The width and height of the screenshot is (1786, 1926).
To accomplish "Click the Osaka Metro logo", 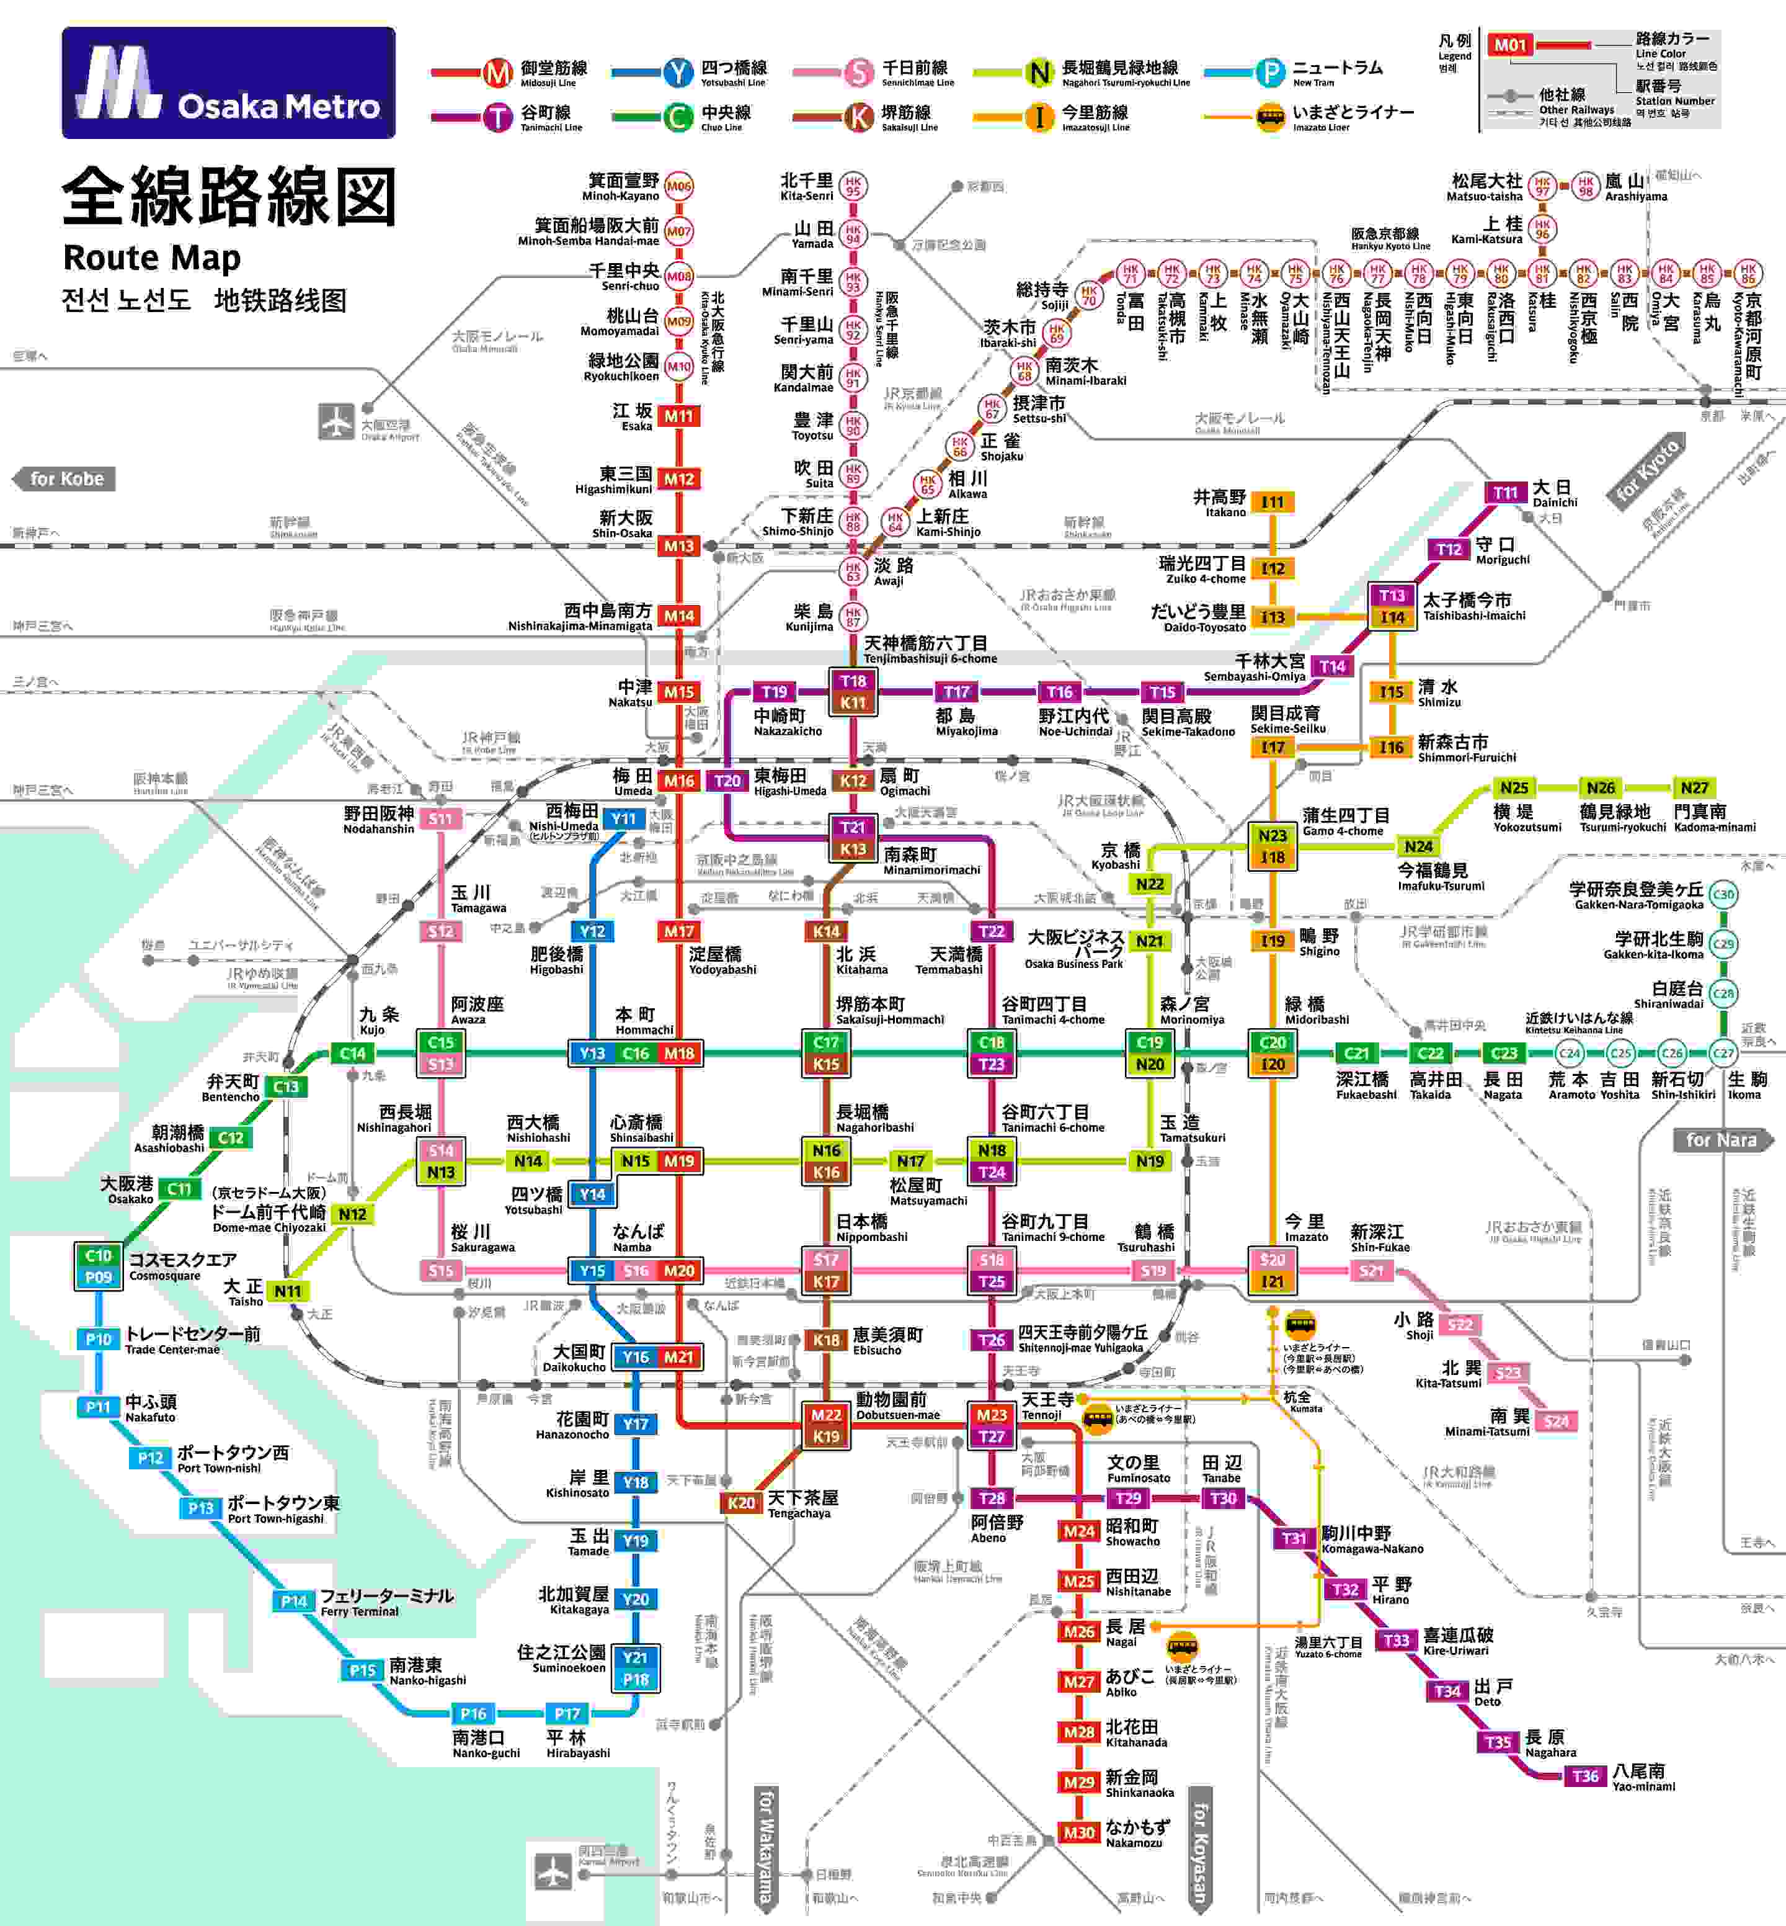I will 228,83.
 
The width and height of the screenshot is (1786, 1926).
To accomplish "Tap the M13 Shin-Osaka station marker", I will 678,546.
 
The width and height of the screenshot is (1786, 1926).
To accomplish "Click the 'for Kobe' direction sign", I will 64,478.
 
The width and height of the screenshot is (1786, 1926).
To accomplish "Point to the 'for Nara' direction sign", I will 1722,1140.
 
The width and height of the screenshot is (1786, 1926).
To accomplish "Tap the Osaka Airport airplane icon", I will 336,421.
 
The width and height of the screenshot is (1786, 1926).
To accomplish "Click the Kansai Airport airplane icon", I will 553,1870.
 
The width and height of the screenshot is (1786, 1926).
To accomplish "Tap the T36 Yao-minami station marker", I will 1585,1776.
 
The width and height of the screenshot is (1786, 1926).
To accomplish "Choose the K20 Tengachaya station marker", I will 741,1502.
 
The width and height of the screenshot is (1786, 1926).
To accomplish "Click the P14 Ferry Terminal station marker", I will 294,1601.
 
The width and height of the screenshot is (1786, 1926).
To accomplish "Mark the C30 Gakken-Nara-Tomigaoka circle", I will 1723,894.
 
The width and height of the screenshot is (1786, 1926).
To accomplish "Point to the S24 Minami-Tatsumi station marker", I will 1556,1422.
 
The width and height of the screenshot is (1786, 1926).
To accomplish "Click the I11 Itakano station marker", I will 1273,502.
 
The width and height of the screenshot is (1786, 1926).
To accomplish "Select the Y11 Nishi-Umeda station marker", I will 623,819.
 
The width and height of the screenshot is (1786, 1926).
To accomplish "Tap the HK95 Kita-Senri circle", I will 853,186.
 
